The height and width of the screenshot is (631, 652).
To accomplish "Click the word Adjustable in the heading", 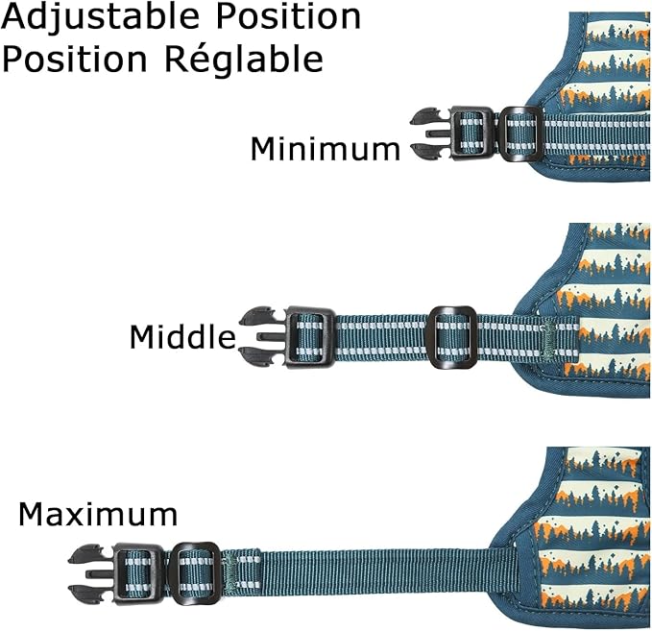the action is tap(100, 17).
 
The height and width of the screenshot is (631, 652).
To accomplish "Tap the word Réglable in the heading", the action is tap(244, 59).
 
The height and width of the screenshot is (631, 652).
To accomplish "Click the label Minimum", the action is tap(326, 149).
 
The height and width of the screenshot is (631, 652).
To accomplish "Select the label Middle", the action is tap(182, 336).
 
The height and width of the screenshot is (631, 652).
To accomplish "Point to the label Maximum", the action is tap(98, 515).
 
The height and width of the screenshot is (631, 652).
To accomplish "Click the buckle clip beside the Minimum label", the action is tap(451, 133).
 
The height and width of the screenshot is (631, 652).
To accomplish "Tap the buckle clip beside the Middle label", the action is tap(286, 338).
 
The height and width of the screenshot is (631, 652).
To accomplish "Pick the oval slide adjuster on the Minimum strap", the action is tap(519, 133).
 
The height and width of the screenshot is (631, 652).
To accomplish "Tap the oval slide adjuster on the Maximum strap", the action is tap(195, 574).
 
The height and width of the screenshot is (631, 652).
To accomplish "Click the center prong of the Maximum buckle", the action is tap(99, 574).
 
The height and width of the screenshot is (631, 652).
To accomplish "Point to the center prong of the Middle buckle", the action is tap(271, 337).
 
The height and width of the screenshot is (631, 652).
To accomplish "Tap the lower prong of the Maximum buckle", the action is tap(86, 594).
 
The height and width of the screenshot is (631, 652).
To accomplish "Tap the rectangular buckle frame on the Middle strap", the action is tap(309, 338).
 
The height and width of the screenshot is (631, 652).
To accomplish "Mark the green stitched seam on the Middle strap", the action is tap(549, 338).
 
